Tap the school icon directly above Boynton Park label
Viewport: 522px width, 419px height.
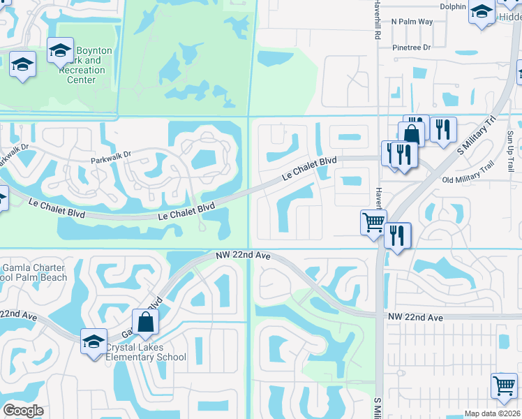[61, 50]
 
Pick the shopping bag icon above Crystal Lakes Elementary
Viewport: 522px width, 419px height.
[145, 322]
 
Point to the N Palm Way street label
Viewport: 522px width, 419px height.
[412, 22]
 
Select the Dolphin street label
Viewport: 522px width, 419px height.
[453, 7]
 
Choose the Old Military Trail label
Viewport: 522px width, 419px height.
[468, 172]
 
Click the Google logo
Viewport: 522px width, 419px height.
[23, 410]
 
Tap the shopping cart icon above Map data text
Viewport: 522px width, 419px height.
[504, 385]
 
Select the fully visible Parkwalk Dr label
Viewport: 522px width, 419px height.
[110, 158]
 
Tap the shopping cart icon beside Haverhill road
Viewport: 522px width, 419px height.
[373, 223]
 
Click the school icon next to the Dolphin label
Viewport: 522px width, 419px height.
[482, 12]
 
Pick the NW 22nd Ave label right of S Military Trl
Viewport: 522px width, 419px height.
[415, 318]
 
